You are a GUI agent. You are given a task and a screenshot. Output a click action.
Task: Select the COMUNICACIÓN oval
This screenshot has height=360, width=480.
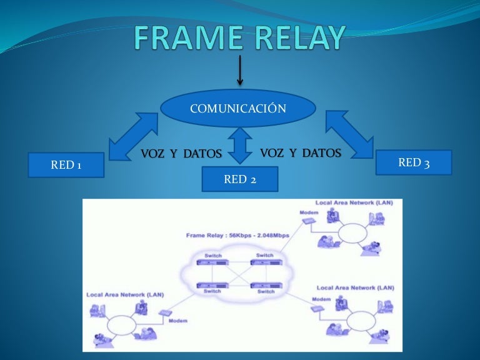point(238,109)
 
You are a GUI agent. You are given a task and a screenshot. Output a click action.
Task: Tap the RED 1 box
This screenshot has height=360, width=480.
point(66,165)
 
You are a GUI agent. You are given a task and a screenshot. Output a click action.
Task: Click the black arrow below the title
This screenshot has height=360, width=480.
point(239,70)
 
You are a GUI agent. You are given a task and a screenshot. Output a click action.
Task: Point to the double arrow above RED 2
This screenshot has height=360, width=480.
point(240,146)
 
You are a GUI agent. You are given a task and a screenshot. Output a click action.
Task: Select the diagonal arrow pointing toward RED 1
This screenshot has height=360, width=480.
point(133,136)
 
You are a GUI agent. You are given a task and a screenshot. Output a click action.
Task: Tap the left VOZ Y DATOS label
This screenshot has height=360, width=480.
point(181,154)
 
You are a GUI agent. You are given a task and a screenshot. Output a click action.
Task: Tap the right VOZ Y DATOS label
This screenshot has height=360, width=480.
point(301,153)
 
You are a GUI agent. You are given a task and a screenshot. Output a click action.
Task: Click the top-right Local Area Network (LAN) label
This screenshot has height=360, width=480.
point(354,202)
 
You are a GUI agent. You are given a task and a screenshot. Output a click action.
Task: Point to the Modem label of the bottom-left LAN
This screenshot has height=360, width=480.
point(177,321)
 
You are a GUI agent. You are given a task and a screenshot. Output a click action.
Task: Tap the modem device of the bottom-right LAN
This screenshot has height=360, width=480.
point(320,307)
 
